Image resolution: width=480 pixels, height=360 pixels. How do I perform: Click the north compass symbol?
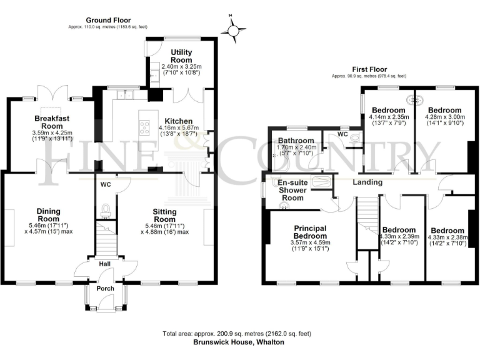pos(234,29)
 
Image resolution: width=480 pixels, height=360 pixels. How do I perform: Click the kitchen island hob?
pos(145,127)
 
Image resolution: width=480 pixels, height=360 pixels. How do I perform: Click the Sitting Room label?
pos(165,216)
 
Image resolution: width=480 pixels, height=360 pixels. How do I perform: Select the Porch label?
pos(105,289)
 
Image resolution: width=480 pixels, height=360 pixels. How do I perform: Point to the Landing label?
pos(367,182)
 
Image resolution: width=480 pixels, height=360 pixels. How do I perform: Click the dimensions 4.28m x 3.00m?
pos(444,117)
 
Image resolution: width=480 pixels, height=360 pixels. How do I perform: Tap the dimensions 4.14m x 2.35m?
pos(389,117)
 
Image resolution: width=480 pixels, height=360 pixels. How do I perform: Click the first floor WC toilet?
pos(356,139)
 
